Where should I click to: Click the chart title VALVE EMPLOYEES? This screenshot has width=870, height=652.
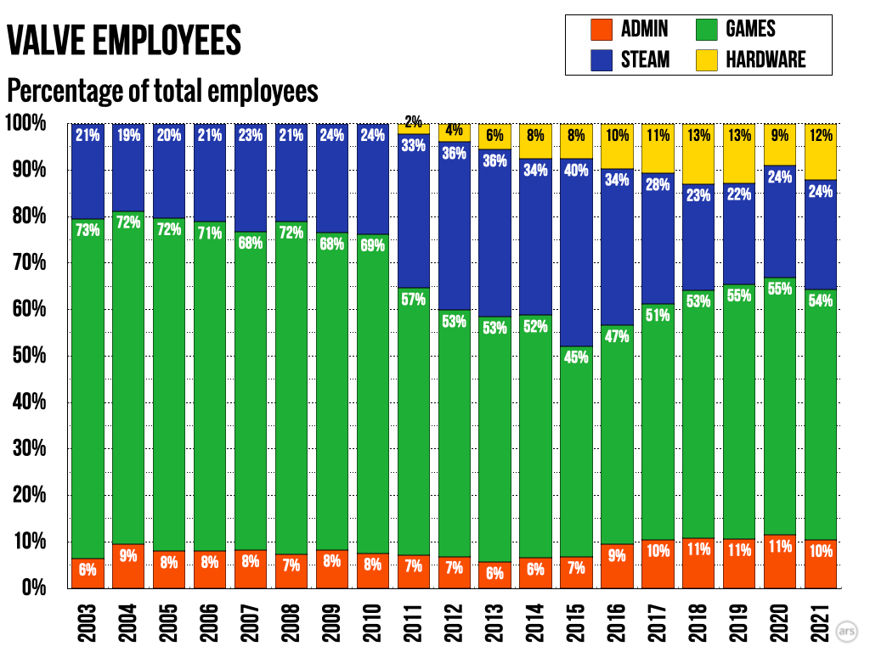124,40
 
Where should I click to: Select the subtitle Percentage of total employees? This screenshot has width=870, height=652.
162,90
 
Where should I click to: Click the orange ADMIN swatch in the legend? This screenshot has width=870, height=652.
602,30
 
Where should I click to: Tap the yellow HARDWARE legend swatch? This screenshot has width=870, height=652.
705,59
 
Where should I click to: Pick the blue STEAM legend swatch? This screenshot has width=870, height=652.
602,59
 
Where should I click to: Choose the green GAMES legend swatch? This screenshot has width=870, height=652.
705,30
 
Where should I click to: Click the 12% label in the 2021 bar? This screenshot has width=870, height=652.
820,134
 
